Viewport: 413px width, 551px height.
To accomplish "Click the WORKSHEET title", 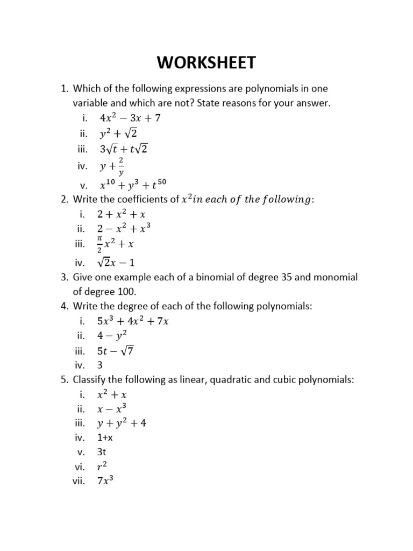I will pyautogui.click(x=206, y=63).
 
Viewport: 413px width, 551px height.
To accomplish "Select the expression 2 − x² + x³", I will pyautogui.click(x=123, y=229).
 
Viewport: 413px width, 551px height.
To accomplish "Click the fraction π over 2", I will pyautogui.click(x=99, y=244).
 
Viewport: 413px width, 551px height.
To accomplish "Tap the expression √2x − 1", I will pyautogui.click(x=115, y=262).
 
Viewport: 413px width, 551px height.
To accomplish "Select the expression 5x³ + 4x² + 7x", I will pyautogui.click(x=133, y=321).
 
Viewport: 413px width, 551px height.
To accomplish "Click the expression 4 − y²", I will pyautogui.click(x=111, y=336).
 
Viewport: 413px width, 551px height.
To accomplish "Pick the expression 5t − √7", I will pyautogui.click(x=115, y=351).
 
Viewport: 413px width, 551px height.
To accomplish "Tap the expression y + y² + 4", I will pyautogui.click(x=121, y=423).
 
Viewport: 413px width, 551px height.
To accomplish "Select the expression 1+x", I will pyautogui.click(x=105, y=437).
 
